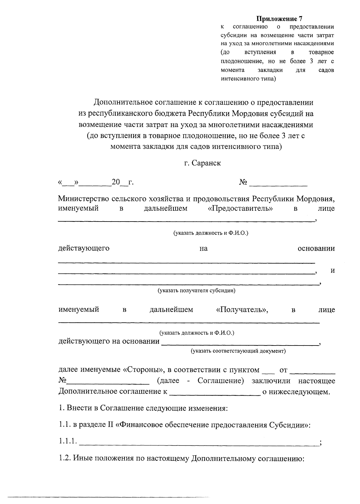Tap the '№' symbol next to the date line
(x=243, y=182)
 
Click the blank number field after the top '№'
(x=278, y=183)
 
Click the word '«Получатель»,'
(x=242, y=310)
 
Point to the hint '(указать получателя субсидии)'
(x=196, y=291)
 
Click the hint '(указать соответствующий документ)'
(x=238, y=351)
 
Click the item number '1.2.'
(x=64, y=458)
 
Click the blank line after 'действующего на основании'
(x=240, y=344)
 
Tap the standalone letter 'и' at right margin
(x=332, y=271)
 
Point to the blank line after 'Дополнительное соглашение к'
(x=215, y=394)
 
